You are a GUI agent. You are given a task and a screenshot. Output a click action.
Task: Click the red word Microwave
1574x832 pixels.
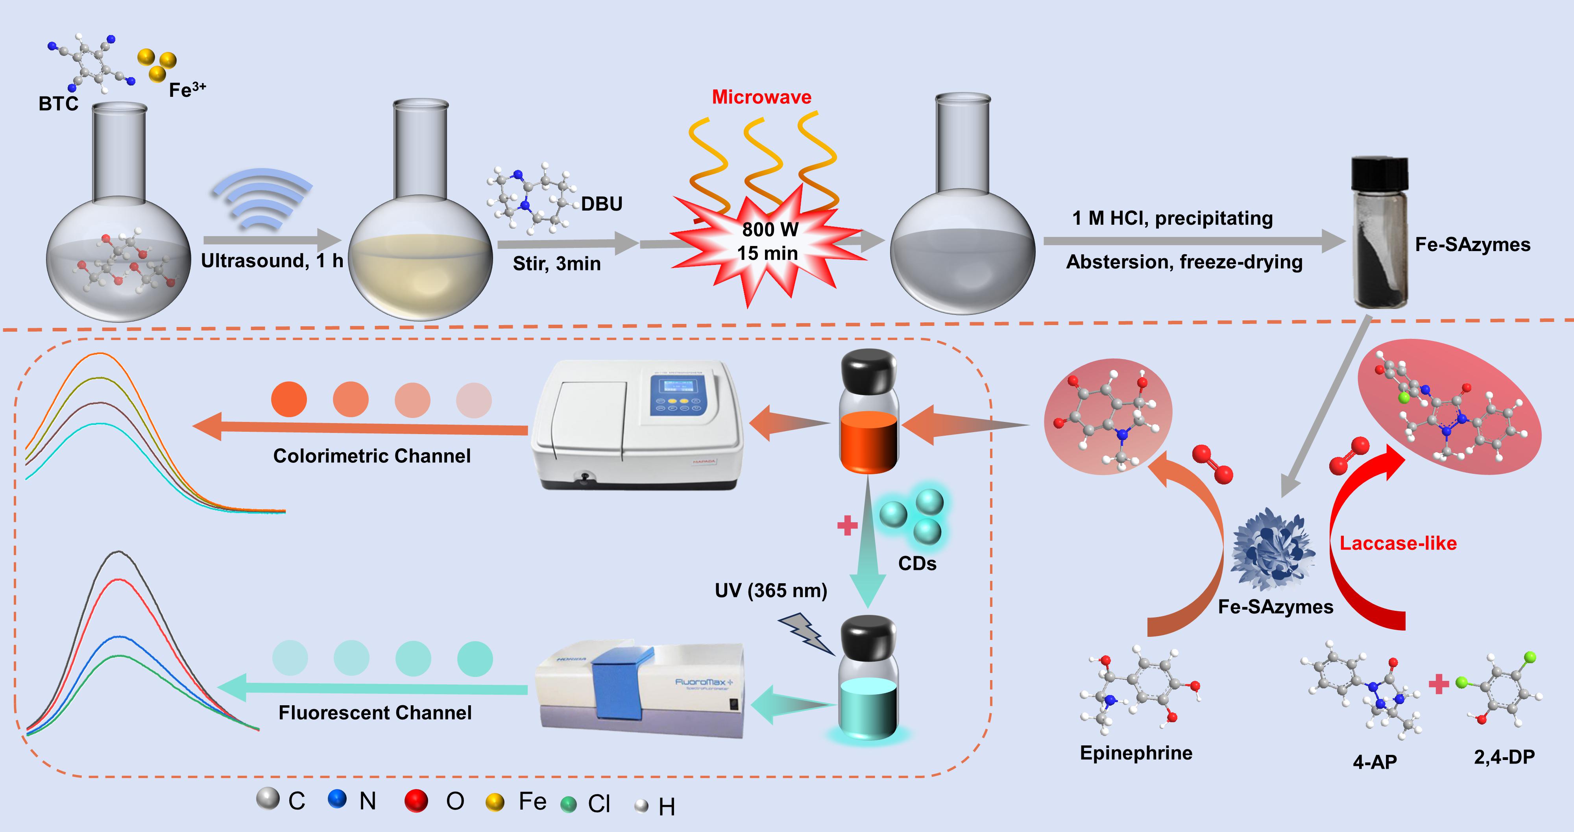761,97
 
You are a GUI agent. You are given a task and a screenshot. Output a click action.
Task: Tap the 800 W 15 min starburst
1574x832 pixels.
768,242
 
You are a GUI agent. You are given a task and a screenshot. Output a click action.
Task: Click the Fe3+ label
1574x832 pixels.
187,90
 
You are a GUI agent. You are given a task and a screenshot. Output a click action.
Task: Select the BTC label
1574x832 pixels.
58,104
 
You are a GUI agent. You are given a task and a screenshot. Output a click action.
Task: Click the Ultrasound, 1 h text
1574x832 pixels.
272,261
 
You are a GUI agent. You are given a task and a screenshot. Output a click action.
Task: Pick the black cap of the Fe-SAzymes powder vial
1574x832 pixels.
1380,175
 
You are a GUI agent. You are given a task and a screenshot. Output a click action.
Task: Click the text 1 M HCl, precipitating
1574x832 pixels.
1172,218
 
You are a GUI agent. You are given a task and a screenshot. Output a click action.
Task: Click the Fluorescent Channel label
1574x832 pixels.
375,713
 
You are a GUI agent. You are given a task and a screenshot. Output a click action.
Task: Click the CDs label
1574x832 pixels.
916,564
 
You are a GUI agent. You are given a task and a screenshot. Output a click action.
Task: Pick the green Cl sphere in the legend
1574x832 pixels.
568,804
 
